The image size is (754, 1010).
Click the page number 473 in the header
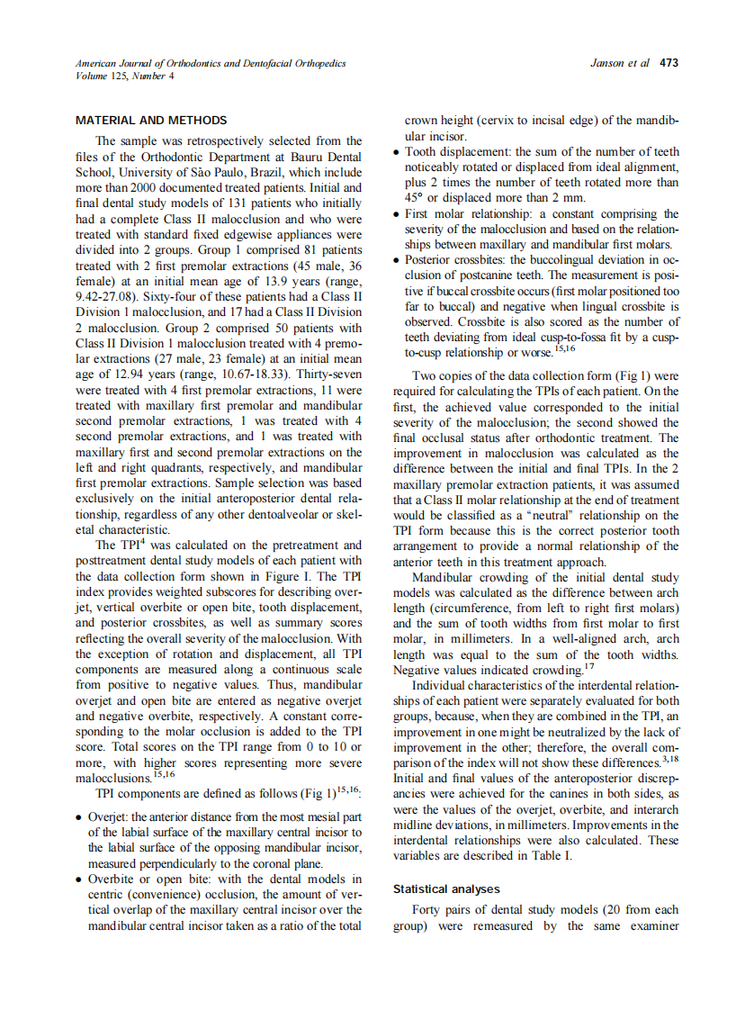669,64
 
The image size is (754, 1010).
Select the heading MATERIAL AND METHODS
151,120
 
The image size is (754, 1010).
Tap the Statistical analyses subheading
451,888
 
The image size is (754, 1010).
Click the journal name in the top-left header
211,64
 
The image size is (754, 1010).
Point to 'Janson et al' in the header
619,64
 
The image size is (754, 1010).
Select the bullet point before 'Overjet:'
80,817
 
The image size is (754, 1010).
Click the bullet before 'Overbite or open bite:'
80,879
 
